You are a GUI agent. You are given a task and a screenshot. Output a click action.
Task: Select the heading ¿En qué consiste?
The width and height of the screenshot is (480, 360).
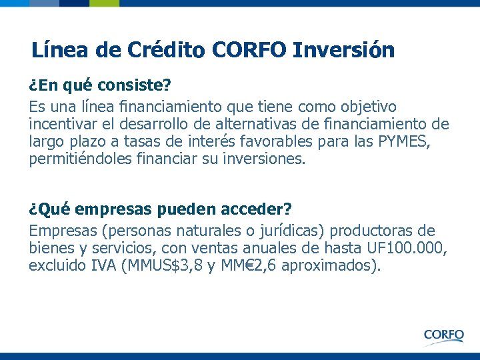(100, 87)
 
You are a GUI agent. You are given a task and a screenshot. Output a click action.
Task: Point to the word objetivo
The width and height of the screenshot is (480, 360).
(367, 107)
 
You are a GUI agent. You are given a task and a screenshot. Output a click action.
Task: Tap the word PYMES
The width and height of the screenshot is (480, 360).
(414, 141)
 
